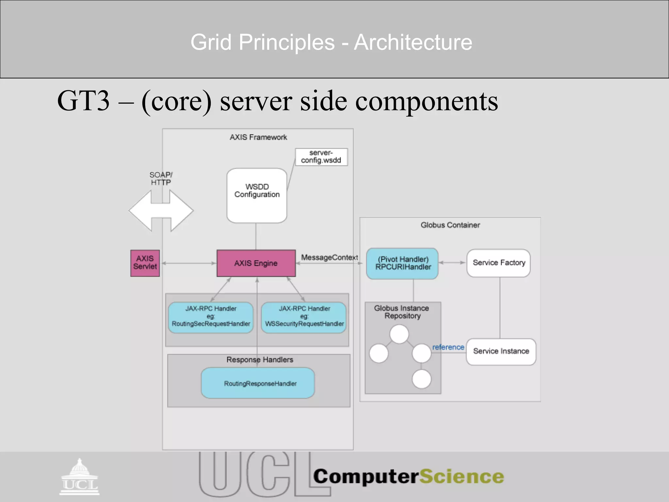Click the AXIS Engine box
tap(256, 263)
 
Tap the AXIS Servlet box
tap(145, 263)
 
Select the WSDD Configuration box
tap(257, 195)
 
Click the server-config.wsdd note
tap(321, 157)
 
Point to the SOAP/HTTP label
tap(161, 178)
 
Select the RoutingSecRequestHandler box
tap(211, 317)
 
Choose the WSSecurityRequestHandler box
tap(304, 317)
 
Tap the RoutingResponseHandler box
tap(258, 383)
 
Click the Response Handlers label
tap(260, 360)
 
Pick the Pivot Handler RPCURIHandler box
tap(402, 263)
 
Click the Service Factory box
tap(498, 263)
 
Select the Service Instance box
tap(501, 351)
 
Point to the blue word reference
tap(448, 347)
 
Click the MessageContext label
tap(329, 258)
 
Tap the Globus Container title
tap(450, 225)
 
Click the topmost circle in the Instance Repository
tap(399, 334)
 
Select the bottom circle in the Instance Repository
tap(421, 379)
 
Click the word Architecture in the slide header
tap(413, 42)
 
